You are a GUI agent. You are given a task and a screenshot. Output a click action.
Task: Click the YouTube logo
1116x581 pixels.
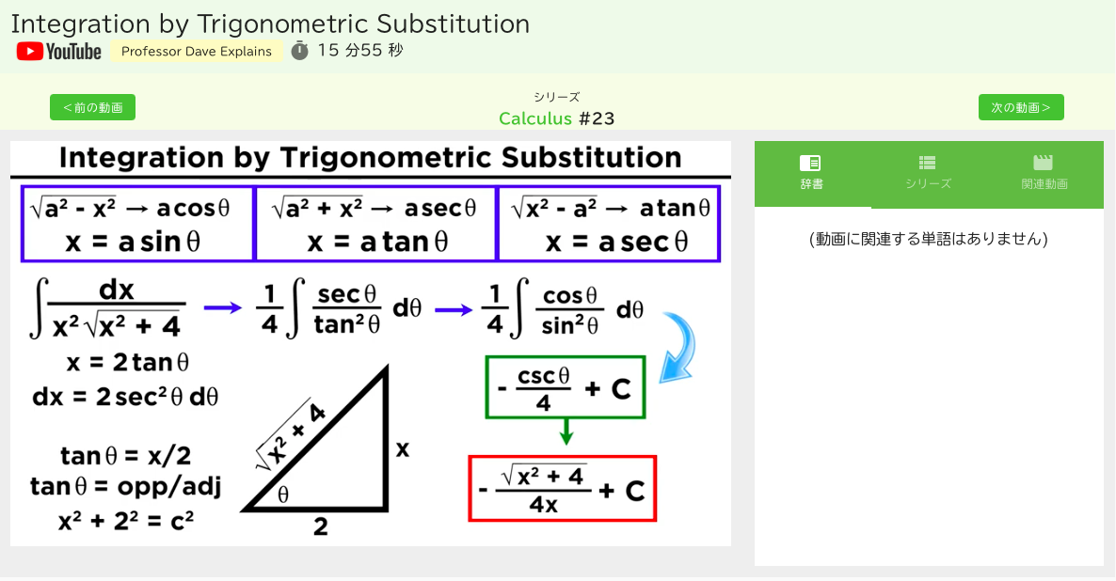[x=59, y=51]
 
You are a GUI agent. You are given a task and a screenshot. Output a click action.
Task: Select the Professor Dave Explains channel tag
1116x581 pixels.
[x=197, y=51]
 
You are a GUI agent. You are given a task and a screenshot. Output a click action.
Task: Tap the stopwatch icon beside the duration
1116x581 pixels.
[x=299, y=51]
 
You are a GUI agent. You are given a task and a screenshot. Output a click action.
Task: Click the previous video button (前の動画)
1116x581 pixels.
[x=92, y=107]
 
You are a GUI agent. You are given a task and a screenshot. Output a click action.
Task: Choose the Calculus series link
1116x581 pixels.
[x=535, y=118]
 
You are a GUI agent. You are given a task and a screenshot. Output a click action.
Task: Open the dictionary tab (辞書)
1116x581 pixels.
[x=811, y=174]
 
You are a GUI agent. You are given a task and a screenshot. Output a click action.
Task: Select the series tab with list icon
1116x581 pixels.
[x=928, y=174]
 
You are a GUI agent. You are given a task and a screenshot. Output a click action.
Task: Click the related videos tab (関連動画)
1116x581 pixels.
[x=1044, y=174]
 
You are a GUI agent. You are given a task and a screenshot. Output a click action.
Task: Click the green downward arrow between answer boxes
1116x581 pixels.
[x=566, y=431]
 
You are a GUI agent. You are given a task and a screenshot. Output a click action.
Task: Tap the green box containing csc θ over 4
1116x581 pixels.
[x=566, y=386]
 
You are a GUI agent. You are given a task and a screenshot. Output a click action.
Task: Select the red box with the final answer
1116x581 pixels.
[x=563, y=489]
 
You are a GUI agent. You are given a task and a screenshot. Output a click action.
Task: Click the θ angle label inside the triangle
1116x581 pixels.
[x=283, y=495]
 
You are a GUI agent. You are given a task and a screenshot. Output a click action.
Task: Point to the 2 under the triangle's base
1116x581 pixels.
[x=320, y=527]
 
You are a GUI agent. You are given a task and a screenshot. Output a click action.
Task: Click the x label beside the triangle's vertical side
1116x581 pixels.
[x=402, y=449]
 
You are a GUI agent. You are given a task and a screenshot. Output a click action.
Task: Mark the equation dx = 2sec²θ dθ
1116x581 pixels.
[x=125, y=397]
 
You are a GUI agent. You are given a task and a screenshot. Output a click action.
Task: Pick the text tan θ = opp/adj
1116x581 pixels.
[x=125, y=486]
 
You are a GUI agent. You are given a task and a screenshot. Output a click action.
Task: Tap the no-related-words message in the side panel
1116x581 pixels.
[x=928, y=239]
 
